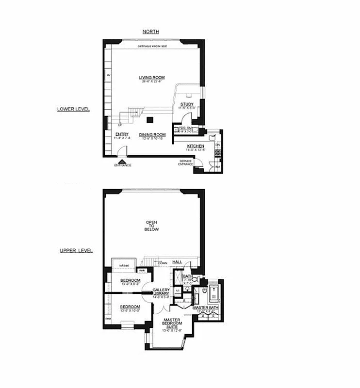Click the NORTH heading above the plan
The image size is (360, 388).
151,32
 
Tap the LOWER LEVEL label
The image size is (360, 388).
73,109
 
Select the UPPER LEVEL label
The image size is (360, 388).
76,251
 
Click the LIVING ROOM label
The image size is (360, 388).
152,78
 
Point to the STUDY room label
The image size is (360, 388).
187,104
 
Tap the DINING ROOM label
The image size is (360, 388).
152,134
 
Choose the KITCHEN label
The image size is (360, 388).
196,146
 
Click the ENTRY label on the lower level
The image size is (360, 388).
121,134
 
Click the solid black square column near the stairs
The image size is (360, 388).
150,120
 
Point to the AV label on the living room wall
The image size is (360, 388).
109,76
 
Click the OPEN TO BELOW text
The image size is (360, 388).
152,226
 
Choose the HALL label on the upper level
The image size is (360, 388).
177,262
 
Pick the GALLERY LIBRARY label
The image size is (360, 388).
161,292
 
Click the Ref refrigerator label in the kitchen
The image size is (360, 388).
217,167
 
